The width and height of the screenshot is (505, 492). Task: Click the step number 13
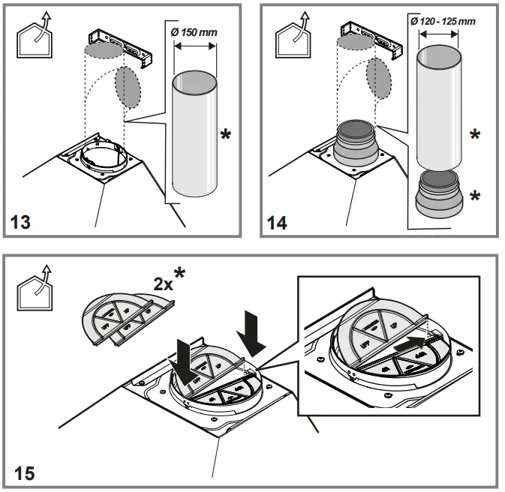pyautogui.click(x=24, y=222)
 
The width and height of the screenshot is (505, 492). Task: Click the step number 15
pyautogui.click(x=24, y=473)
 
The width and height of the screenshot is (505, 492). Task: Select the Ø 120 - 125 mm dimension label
pyautogui.click(x=443, y=21)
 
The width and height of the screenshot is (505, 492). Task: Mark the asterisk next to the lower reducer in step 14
pyautogui.click(x=474, y=196)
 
